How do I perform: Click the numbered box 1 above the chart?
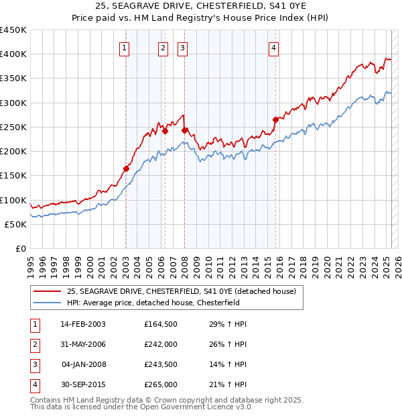tap(125, 47)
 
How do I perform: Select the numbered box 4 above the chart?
tap(274, 47)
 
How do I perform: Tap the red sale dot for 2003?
tap(126, 168)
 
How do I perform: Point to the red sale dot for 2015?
tap(275, 119)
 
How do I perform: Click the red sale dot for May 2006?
tap(165, 131)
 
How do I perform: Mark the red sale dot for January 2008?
tap(184, 130)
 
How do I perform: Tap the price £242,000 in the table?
tap(161, 344)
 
